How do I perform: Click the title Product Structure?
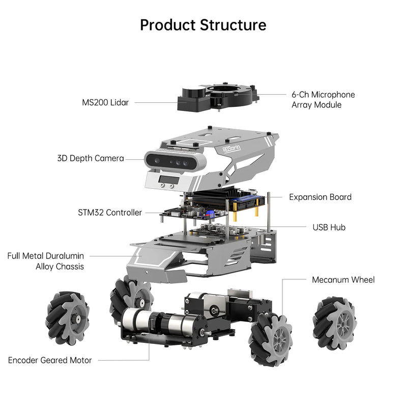pyautogui.click(x=203, y=25)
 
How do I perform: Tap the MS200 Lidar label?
pyautogui.click(x=105, y=102)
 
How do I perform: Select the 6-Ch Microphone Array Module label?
pyautogui.click(x=323, y=100)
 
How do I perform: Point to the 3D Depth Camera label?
pyautogui.click(x=91, y=159)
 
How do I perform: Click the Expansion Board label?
pyautogui.click(x=320, y=197)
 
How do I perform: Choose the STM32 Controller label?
pyautogui.click(x=110, y=213)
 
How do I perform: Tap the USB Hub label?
pyautogui.click(x=329, y=227)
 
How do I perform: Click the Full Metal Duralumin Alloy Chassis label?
pyautogui.click(x=46, y=261)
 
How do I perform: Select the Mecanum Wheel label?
pyautogui.click(x=343, y=280)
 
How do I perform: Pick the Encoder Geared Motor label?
pyautogui.click(x=50, y=360)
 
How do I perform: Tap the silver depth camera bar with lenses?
pyautogui.click(x=176, y=162)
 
